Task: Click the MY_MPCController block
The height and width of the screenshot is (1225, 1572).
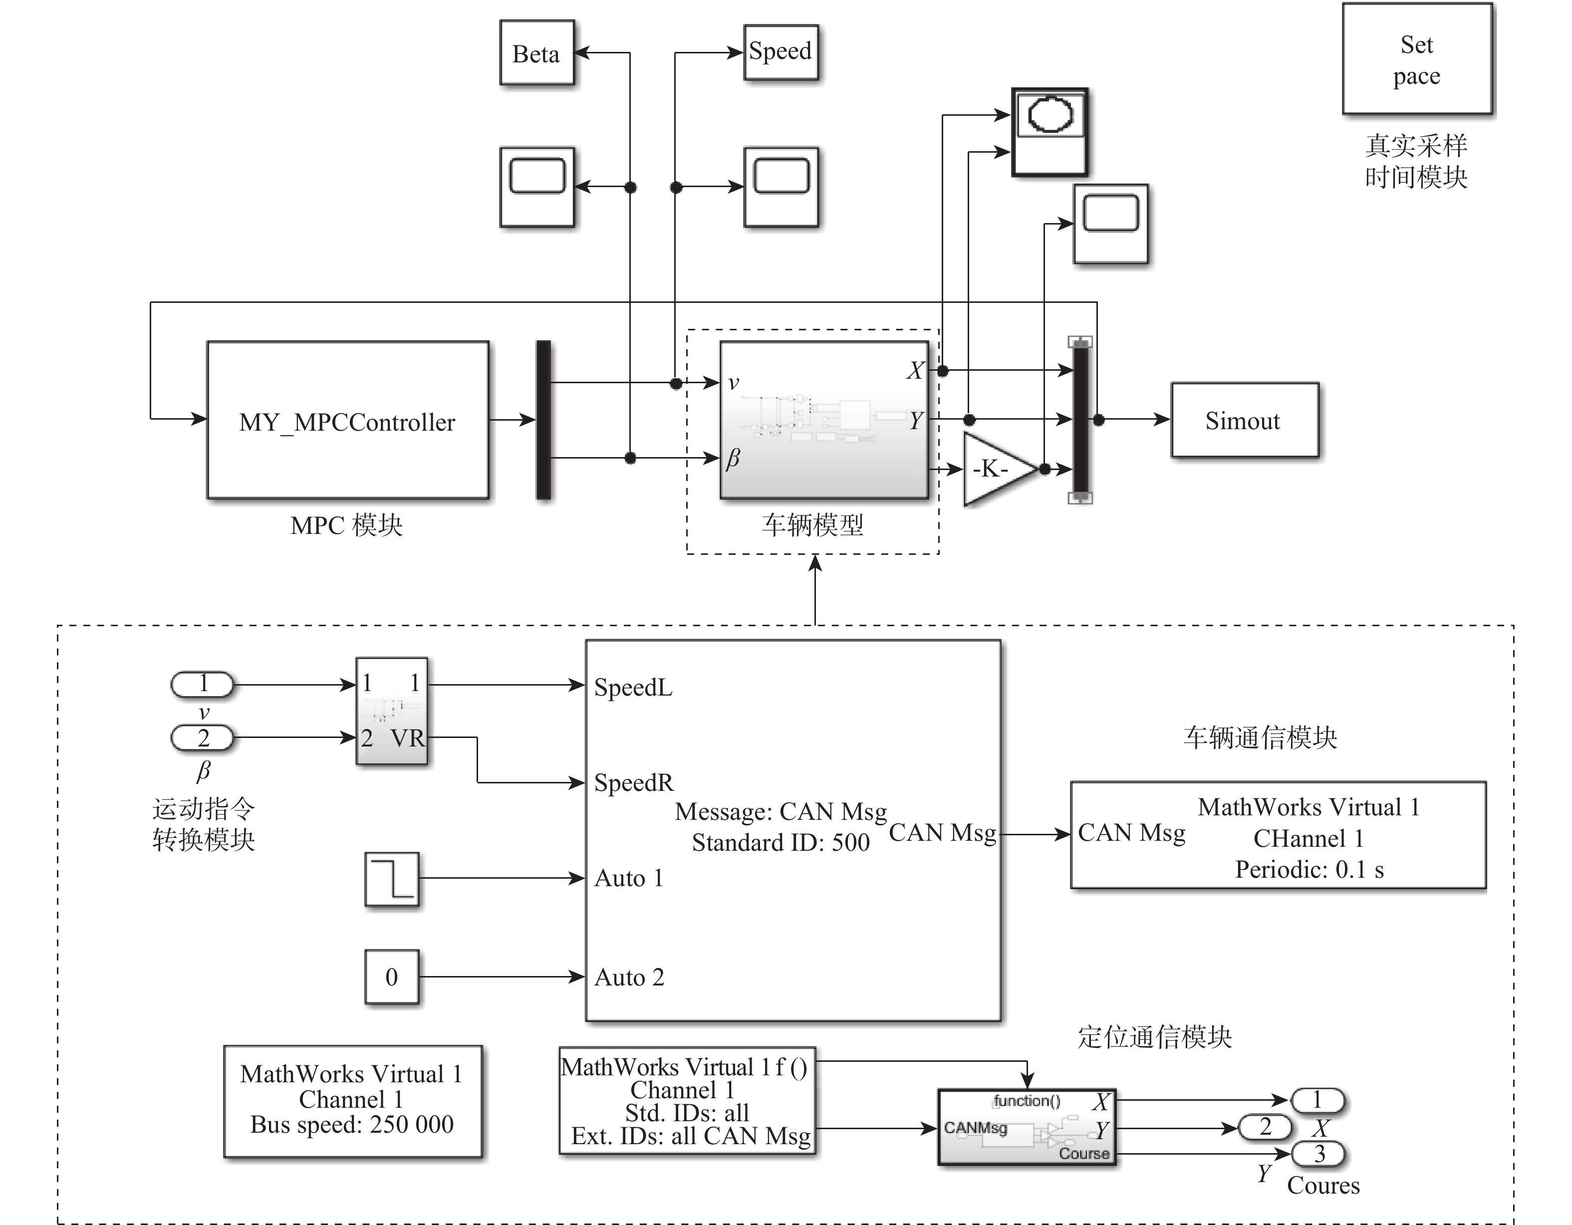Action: click(348, 420)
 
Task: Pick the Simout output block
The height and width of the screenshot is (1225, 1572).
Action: click(1244, 420)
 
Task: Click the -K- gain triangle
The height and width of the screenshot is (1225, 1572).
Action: click(997, 469)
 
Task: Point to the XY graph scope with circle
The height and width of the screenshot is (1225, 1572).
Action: click(1049, 132)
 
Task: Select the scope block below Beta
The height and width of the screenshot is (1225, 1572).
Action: click(537, 187)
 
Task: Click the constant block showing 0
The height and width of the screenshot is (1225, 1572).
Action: click(392, 977)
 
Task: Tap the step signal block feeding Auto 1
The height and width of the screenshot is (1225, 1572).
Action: click(392, 879)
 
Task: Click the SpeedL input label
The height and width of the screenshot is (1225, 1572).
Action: click(633, 688)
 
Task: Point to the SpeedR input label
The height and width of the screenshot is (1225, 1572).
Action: click(633, 782)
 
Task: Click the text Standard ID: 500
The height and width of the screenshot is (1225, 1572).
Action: click(780, 843)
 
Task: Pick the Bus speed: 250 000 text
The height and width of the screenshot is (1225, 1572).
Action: click(352, 1124)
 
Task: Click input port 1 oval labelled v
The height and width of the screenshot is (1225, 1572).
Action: click(202, 684)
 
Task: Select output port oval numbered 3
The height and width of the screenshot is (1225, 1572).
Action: click(1318, 1154)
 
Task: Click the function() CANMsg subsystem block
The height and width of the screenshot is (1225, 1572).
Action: click(1027, 1127)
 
